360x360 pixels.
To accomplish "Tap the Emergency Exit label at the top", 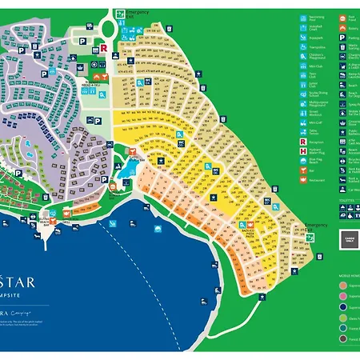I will point(135,13).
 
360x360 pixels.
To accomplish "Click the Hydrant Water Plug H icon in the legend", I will point(302,142).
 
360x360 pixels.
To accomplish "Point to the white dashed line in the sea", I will point(120,240).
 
